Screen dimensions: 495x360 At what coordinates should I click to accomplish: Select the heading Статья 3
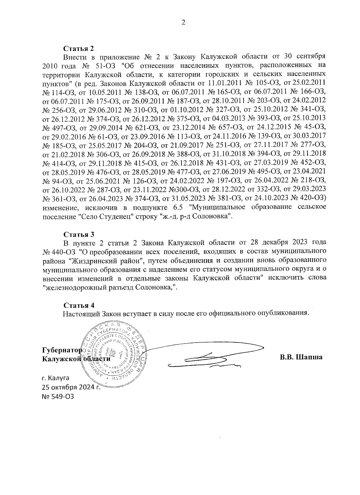tap(79, 234)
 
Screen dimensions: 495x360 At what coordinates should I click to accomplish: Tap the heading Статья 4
tap(79, 305)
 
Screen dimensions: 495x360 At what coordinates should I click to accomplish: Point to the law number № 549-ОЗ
tap(58, 396)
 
